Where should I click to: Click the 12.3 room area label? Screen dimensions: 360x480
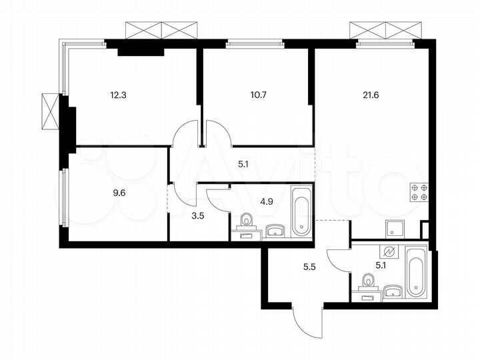pyautogui.click(x=118, y=94)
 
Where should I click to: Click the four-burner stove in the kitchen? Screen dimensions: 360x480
pyautogui.click(x=419, y=191)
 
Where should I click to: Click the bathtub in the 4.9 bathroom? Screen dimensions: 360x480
pyautogui.click(x=301, y=211)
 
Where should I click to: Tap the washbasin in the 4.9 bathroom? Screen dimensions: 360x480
pyautogui.click(x=275, y=231)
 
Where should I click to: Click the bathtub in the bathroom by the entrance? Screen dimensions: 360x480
pyautogui.click(x=415, y=271)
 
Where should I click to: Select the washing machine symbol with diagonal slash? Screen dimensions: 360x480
pyautogui.click(x=391, y=253)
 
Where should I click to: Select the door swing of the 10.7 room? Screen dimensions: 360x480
pyautogui.click(x=219, y=132)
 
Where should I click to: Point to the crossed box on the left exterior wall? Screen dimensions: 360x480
pyautogui.click(x=50, y=111)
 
